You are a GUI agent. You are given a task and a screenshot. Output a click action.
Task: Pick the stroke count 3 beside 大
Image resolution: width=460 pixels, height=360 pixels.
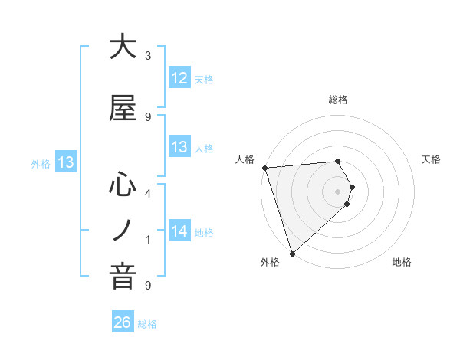[148, 56]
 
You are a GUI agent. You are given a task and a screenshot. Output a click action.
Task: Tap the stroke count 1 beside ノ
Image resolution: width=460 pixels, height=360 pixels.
[148, 240]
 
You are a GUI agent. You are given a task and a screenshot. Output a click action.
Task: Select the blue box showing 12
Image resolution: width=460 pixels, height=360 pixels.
[179, 78]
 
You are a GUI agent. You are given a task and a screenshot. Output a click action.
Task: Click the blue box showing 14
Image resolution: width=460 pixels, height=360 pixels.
[179, 231]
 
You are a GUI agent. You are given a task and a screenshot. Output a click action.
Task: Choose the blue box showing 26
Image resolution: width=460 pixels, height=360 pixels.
[123, 323]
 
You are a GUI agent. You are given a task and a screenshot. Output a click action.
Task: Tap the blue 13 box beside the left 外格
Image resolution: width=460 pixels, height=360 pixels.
[65, 162]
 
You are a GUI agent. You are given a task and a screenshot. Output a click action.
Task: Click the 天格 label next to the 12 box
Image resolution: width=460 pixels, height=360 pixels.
[204, 79]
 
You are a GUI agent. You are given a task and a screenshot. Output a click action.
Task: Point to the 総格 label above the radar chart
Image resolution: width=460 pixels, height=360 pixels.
[338, 100]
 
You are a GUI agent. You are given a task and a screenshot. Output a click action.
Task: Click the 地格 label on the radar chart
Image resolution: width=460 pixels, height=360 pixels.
[402, 263]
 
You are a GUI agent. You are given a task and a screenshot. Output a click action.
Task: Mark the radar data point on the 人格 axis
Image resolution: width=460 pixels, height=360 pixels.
[264, 168]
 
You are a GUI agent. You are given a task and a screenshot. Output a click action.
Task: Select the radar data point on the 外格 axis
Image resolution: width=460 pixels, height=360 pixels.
[292, 253]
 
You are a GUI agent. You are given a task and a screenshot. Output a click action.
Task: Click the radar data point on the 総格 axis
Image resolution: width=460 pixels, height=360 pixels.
[338, 161]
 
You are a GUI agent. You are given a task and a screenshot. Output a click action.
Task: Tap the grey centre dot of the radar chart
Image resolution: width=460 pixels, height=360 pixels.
[338, 191]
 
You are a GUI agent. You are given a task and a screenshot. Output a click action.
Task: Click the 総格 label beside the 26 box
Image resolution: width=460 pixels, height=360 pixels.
[147, 324]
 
